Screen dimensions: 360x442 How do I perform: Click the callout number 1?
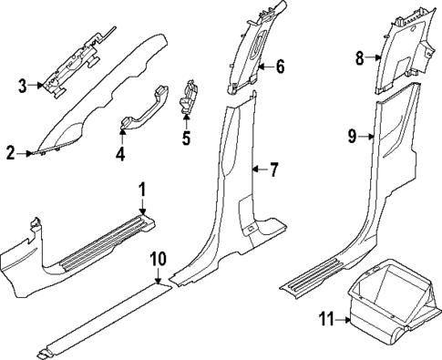(142, 189)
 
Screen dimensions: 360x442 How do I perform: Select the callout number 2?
(10, 154)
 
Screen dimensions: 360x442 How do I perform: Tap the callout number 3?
(23, 87)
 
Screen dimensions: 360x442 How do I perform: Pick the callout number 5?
(186, 139)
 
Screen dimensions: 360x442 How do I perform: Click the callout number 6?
(281, 66)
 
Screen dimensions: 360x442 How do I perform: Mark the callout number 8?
(359, 58)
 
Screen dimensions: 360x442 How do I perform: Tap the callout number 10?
(158, 258)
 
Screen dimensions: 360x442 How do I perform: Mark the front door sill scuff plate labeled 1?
(100, 242)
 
